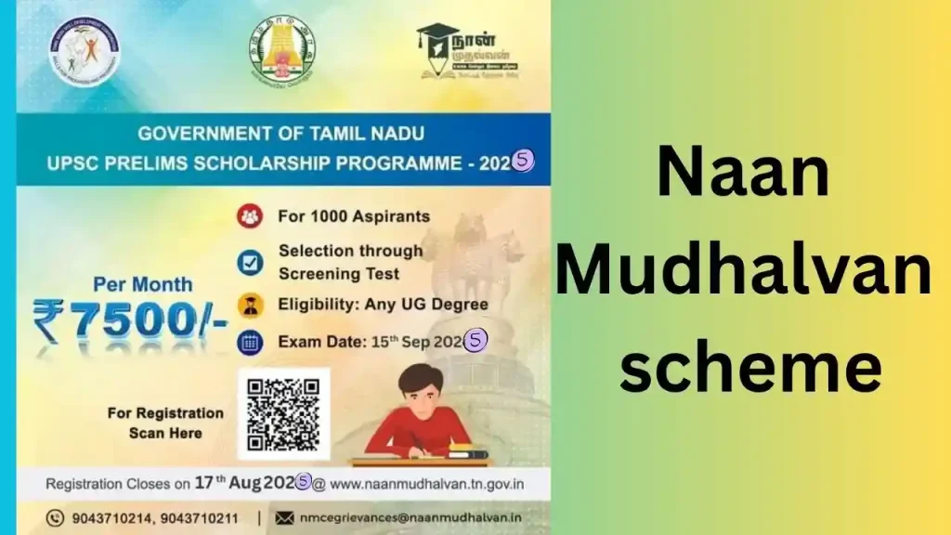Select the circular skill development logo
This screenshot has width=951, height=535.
click(85, 52)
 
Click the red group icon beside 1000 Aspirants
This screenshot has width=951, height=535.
click(249, 216)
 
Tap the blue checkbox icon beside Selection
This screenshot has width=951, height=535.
click(249, 263)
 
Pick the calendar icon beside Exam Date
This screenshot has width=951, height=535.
click(250, 341)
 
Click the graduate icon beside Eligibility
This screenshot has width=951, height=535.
click(249, 305)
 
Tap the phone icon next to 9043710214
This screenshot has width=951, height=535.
click(58, 516)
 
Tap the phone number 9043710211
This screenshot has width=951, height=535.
click(196, 516)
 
